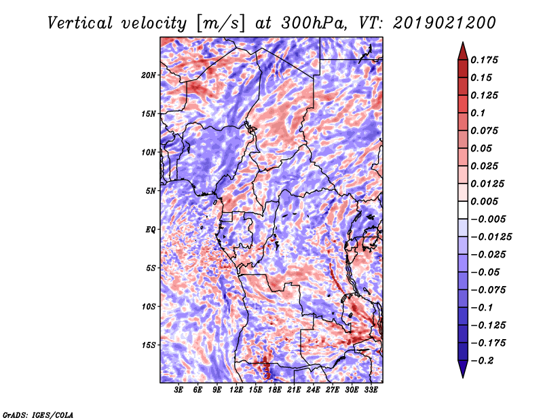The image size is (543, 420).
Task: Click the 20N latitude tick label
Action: click(x=149, y=75)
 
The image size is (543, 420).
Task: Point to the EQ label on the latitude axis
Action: click(x=150, y=229)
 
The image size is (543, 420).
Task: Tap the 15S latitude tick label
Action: click(x=149, y=345)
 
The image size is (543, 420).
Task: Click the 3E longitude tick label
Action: click(x=179, y=390)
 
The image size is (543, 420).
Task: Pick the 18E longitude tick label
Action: click(x=276, y=390)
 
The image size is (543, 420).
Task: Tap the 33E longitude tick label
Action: click(x=371, y=390)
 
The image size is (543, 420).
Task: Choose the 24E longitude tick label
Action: click(x=314, y=390)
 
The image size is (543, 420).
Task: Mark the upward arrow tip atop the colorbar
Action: click(x=462, y=44)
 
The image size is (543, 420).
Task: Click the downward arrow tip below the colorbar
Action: click(x=462, y=375)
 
